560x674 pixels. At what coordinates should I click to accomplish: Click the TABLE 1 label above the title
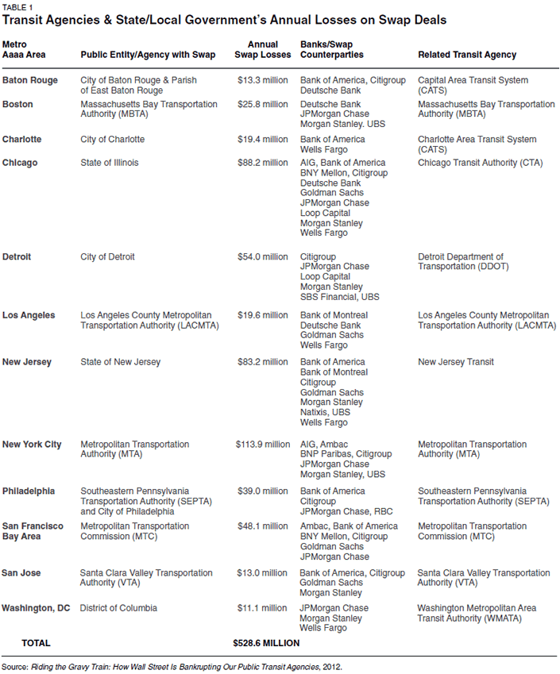[18, 6]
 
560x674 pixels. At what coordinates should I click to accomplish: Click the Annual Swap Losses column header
[263, 49]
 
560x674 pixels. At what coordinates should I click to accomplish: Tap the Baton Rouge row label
[29, 80]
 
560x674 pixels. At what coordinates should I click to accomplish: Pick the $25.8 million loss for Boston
[263, 105]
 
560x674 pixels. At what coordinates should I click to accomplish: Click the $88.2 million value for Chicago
[263, 163]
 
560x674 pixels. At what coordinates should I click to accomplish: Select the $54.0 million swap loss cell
[263, 256]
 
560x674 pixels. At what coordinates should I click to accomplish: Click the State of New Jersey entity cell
[121, 362]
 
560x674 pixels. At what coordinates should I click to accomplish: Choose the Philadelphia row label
[29, 491]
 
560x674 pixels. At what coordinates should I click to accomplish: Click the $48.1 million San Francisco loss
[263, 526]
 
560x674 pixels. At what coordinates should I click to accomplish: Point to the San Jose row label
[22, 573]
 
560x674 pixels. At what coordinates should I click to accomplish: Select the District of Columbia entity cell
[119, 608]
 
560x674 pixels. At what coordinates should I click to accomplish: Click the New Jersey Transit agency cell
[456, 362]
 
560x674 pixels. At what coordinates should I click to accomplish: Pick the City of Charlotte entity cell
[113, 139]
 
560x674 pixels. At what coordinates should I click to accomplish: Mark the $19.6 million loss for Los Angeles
[263, 315]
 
